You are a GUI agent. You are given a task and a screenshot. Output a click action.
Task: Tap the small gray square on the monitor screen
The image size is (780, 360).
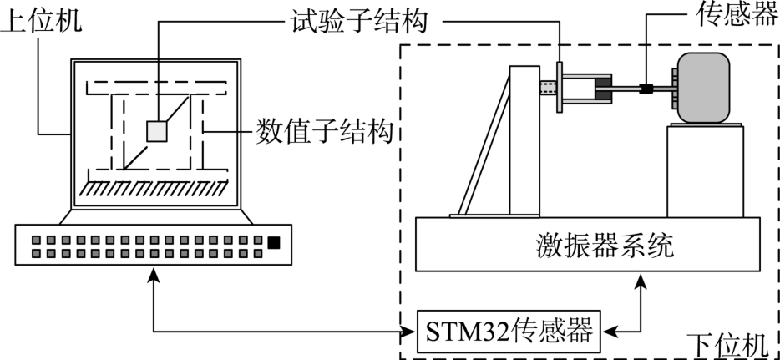157,131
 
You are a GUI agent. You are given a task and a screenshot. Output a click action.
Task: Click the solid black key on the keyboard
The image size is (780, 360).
274,243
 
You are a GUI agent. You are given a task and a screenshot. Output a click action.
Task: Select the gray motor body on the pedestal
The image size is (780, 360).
704,88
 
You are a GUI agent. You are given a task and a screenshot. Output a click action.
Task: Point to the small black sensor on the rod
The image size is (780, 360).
646,88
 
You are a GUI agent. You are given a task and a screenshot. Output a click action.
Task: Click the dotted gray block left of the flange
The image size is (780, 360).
548,88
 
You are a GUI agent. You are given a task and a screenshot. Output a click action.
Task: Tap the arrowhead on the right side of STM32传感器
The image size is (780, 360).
607,332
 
